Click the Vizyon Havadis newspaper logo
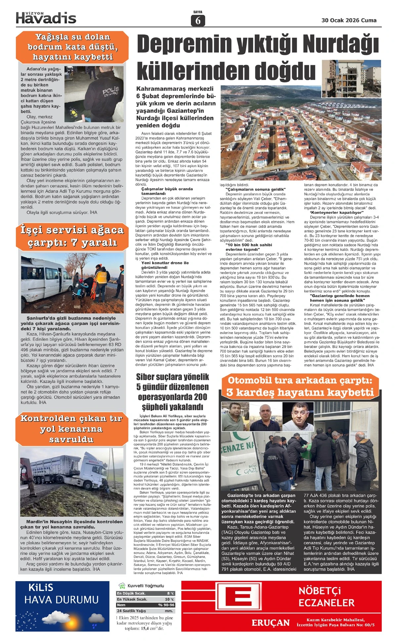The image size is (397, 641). point(46,18)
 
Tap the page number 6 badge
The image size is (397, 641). point(198,21)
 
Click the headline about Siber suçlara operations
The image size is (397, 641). point(172,392)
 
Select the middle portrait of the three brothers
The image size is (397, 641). point(270,417)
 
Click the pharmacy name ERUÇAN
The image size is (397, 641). point(270,623)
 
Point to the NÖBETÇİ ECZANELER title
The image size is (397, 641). point(326,597)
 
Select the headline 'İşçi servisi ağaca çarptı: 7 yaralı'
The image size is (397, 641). point(72,236)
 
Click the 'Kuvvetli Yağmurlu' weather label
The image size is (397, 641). point(146,585)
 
